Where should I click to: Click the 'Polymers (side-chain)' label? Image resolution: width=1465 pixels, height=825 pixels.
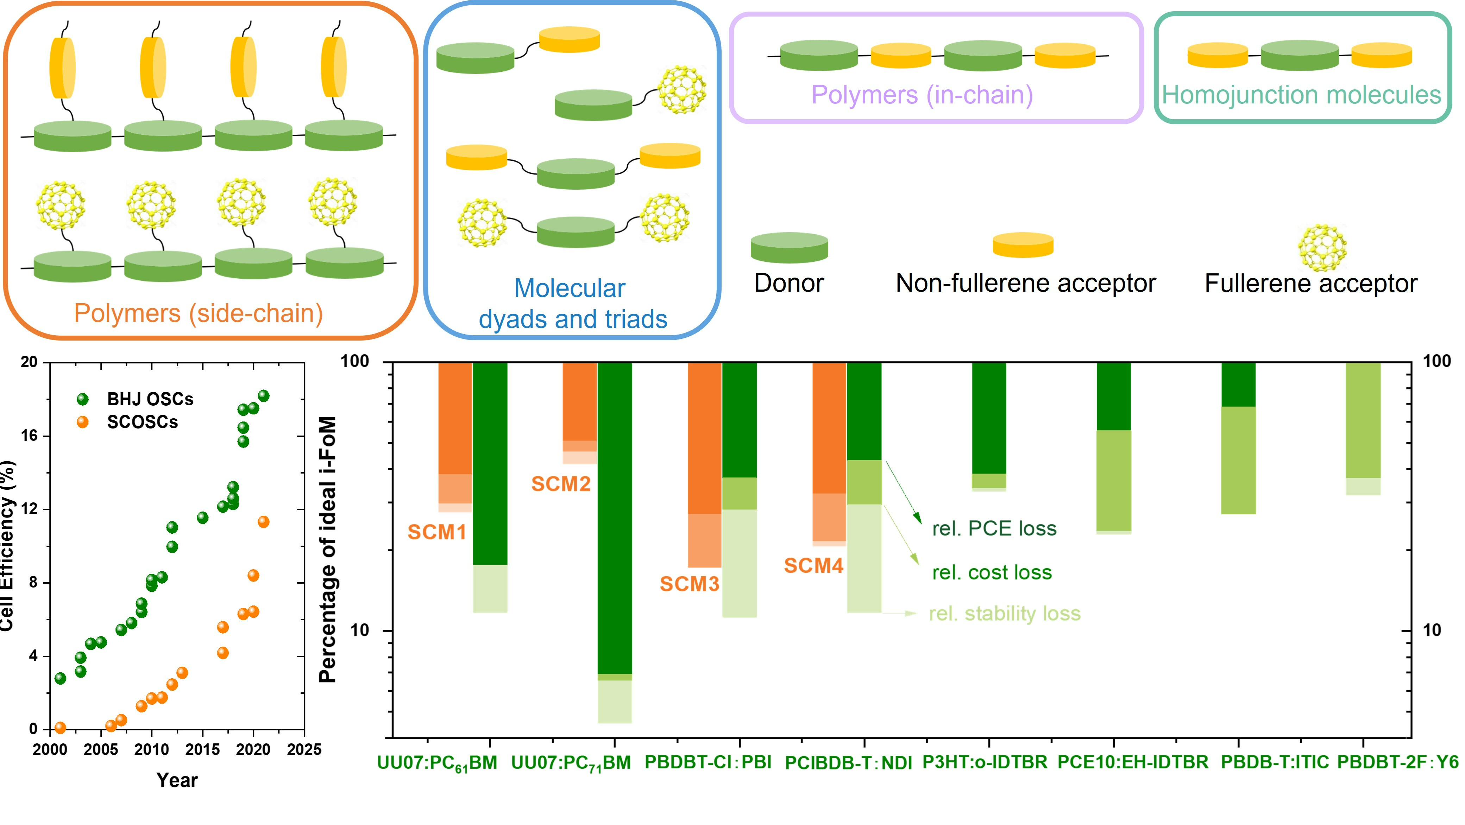pos(199,313)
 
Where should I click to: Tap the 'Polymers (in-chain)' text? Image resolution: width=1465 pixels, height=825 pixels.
pos(922,95)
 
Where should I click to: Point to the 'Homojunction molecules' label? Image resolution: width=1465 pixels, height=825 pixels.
pos(1301,95)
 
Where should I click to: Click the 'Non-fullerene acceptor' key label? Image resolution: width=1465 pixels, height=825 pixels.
pos(1025,283)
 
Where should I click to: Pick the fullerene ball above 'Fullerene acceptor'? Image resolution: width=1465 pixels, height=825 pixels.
pos(1322,247)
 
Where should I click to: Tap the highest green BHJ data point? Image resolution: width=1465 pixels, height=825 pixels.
pos(263,396)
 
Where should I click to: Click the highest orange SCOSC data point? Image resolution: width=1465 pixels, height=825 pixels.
pos(263,522)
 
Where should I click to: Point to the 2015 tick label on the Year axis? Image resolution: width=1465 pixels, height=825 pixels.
pos(202,749)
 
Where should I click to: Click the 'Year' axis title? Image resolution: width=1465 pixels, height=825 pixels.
pos(177,780)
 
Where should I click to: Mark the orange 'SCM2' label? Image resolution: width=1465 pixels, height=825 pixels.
pos(561,484)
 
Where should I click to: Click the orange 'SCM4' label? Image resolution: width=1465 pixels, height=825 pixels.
pos(813,566)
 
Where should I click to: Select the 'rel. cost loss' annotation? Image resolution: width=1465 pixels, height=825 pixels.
pos(992,572)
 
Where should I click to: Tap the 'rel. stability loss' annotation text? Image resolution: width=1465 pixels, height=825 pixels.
pos(1004,614)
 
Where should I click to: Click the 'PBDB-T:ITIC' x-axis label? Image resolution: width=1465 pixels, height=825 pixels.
pos(1275,762)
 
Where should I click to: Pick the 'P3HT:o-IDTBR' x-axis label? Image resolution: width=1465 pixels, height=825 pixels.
pos(985,762)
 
